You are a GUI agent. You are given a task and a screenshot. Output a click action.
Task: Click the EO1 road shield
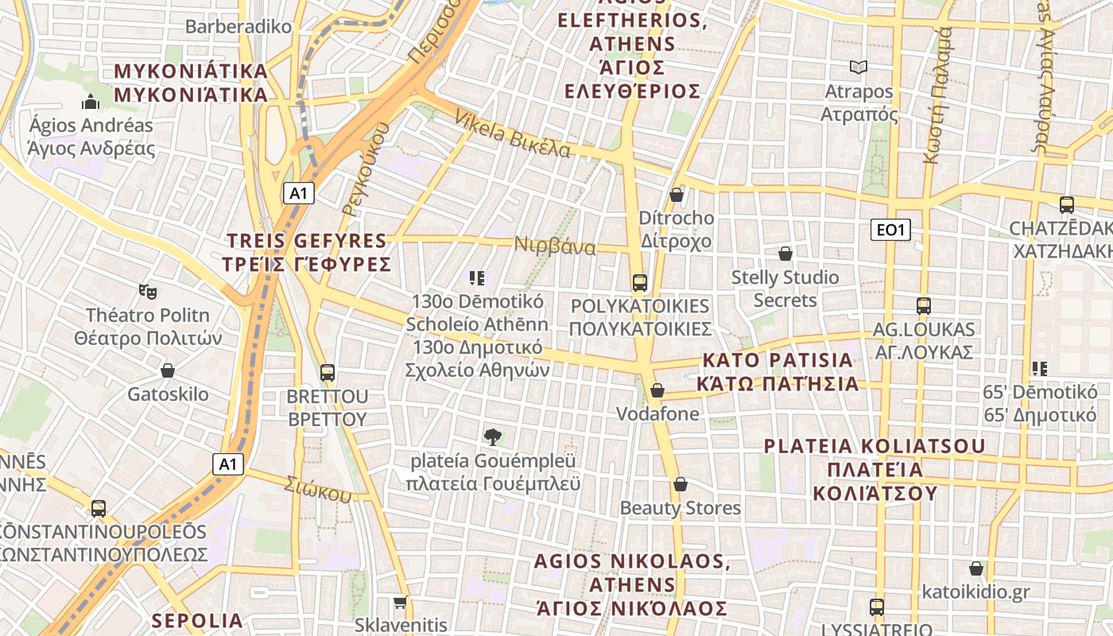tap(890, 230)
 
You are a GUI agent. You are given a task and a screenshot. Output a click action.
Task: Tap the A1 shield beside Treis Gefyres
tap(299, 192)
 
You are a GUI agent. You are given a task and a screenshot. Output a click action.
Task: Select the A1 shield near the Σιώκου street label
tap(228, 463)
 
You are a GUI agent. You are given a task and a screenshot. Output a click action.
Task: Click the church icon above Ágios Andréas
tap(91, 102)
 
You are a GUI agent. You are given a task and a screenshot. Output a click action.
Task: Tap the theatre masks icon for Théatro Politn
tap(147, 292)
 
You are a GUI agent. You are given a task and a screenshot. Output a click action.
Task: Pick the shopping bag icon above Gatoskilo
tap(168, 370)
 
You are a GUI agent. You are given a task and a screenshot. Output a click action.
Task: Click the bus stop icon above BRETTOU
tap(327, 372)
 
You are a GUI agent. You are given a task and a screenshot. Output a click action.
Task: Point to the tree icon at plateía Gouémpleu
tap(493, 436)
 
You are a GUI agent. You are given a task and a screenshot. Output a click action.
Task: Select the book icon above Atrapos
tap(858, 68)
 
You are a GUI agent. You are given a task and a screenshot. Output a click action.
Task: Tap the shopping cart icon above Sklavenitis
tap(401, 602)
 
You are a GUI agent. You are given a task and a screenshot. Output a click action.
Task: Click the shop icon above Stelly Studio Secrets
tap(785, 254)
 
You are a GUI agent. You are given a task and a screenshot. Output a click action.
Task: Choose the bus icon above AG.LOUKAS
tap(923, 305)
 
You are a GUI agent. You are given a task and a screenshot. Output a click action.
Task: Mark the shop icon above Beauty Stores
tap(680, 484)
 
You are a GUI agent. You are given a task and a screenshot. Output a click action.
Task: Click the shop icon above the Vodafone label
tap(657, 390)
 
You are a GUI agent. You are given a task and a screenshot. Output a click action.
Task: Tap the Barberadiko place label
tap(238, 26)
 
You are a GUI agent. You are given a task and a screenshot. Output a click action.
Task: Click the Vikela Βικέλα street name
tap(512, 134)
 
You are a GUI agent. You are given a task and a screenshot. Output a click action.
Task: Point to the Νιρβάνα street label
tap(555, 246)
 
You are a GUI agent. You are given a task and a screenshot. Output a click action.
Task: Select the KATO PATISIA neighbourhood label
tap(778, 371)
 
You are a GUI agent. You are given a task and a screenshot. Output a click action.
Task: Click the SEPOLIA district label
tap(197, 620)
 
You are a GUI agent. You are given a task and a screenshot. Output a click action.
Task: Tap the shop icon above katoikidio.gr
tap(975, 568)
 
